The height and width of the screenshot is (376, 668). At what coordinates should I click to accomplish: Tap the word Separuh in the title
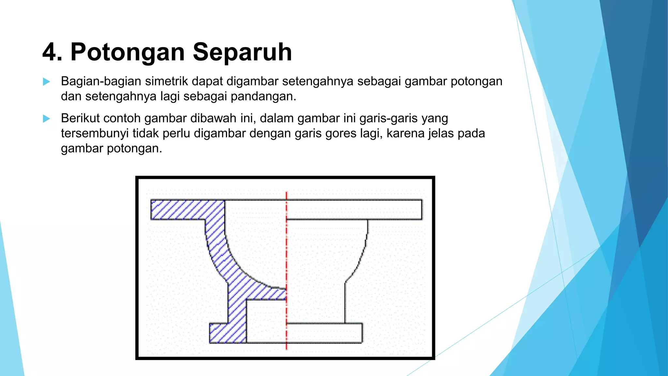click(242, 52)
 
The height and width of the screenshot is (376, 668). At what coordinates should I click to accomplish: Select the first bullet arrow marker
click(47, 82)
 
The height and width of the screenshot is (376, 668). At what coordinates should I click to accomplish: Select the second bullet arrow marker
click(47, 118)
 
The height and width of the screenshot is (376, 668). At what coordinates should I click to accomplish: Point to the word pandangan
click(263, 96)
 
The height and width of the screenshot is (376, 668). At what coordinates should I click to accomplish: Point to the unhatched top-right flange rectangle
click(354, 210)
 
